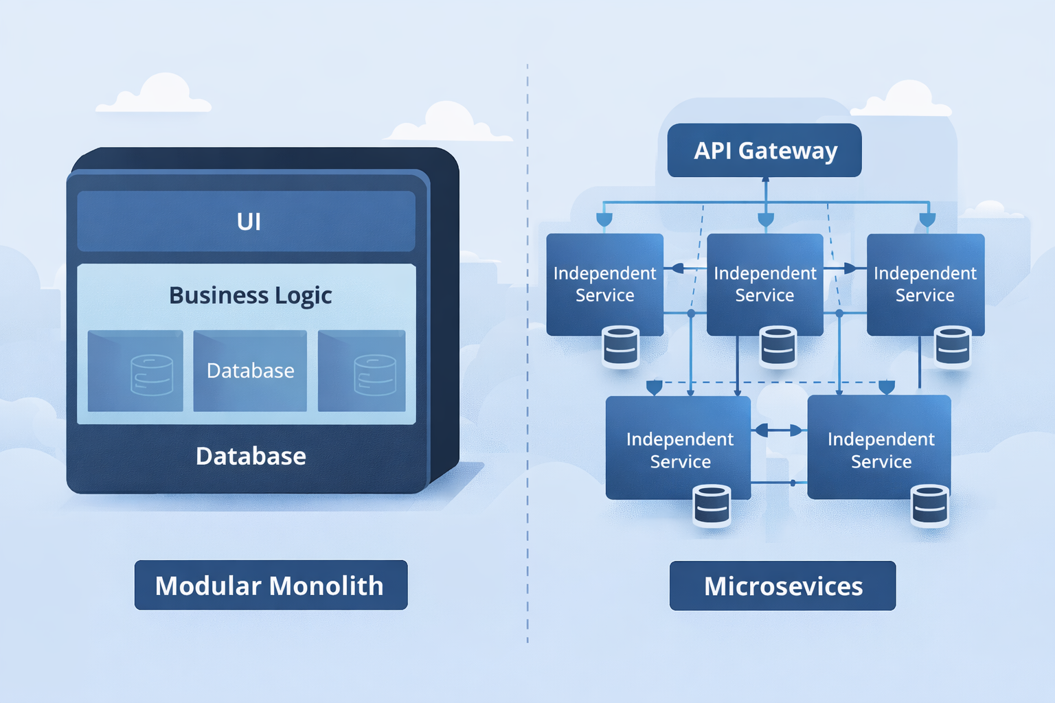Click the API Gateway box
[764, 150]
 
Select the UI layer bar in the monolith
[247, 221]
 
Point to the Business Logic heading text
[250, 295]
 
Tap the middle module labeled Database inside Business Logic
[250, 371]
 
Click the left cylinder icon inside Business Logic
[151, 375]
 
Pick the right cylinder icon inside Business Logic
[374, 375]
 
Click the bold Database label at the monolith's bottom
[251, 457]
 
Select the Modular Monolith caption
[271, 586]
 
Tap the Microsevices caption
[782, 586]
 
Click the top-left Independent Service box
[604, 284]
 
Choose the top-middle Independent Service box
[764, 284]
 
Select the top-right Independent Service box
[925, 284]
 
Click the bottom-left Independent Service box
[679, 447]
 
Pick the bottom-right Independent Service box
[879, 447]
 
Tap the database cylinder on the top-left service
[621, 347]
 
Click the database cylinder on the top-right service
[953, 347]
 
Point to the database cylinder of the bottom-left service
[712, 505]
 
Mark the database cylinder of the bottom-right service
[930, 505]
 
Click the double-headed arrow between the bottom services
[779, 430]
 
